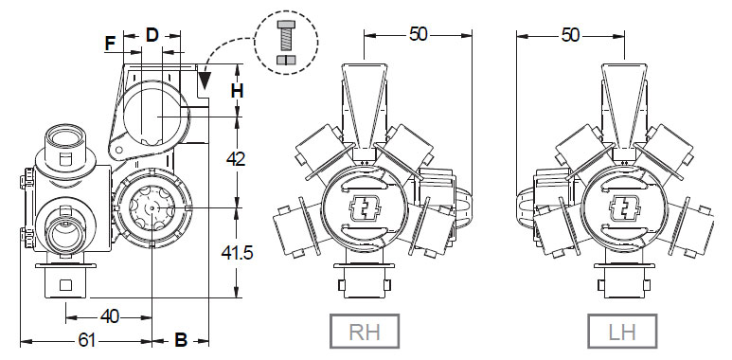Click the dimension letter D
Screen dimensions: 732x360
coord(152,34)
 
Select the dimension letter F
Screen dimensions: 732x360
coord(110,45)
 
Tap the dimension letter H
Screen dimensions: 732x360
coord(237,91)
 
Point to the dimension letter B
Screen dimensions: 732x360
coord(181,340)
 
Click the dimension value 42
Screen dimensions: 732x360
coord(236,159)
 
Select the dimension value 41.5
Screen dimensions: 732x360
coord(236,253)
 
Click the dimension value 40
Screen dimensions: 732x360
coord(110,317)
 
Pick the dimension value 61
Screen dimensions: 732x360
coord(86,341)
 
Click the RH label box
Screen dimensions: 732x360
coord(365,331)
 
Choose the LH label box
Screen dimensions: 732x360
coord(622,331)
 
